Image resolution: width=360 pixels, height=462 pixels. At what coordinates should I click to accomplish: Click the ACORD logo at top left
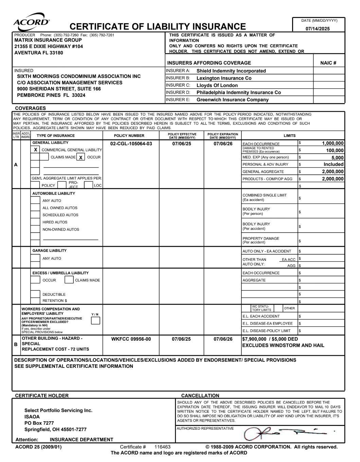click(31, 20)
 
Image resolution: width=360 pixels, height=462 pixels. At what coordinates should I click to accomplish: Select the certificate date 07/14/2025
click(318, 29)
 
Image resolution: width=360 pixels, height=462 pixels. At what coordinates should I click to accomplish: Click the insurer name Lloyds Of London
click(217, 85)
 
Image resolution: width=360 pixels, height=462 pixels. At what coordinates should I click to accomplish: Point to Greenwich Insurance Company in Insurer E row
click(232, 100)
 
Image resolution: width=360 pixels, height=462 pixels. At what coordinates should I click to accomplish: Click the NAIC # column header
click(328, 63)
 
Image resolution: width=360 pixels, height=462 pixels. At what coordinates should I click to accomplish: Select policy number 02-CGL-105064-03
click(131, 144)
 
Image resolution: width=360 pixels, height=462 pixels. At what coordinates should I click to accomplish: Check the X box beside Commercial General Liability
click(35, 150)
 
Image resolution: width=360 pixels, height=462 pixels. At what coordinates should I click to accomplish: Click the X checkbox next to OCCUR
click(80, 157)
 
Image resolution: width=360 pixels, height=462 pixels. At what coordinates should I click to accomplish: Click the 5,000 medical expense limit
click(338, 158)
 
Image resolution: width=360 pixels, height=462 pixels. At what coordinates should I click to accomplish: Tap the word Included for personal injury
click(334, 165)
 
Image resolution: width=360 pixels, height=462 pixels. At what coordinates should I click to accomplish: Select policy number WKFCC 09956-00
click(131, 339)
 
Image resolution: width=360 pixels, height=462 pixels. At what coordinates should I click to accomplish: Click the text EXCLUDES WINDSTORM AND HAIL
click(283, 345)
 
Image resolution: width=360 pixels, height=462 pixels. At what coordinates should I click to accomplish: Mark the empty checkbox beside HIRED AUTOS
click(35, 222)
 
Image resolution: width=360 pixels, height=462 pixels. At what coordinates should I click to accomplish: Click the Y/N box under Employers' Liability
click(95, 320)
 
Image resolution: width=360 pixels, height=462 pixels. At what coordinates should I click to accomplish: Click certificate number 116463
click(162, 447)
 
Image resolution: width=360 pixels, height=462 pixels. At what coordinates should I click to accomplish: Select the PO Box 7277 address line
click(39, 423)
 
